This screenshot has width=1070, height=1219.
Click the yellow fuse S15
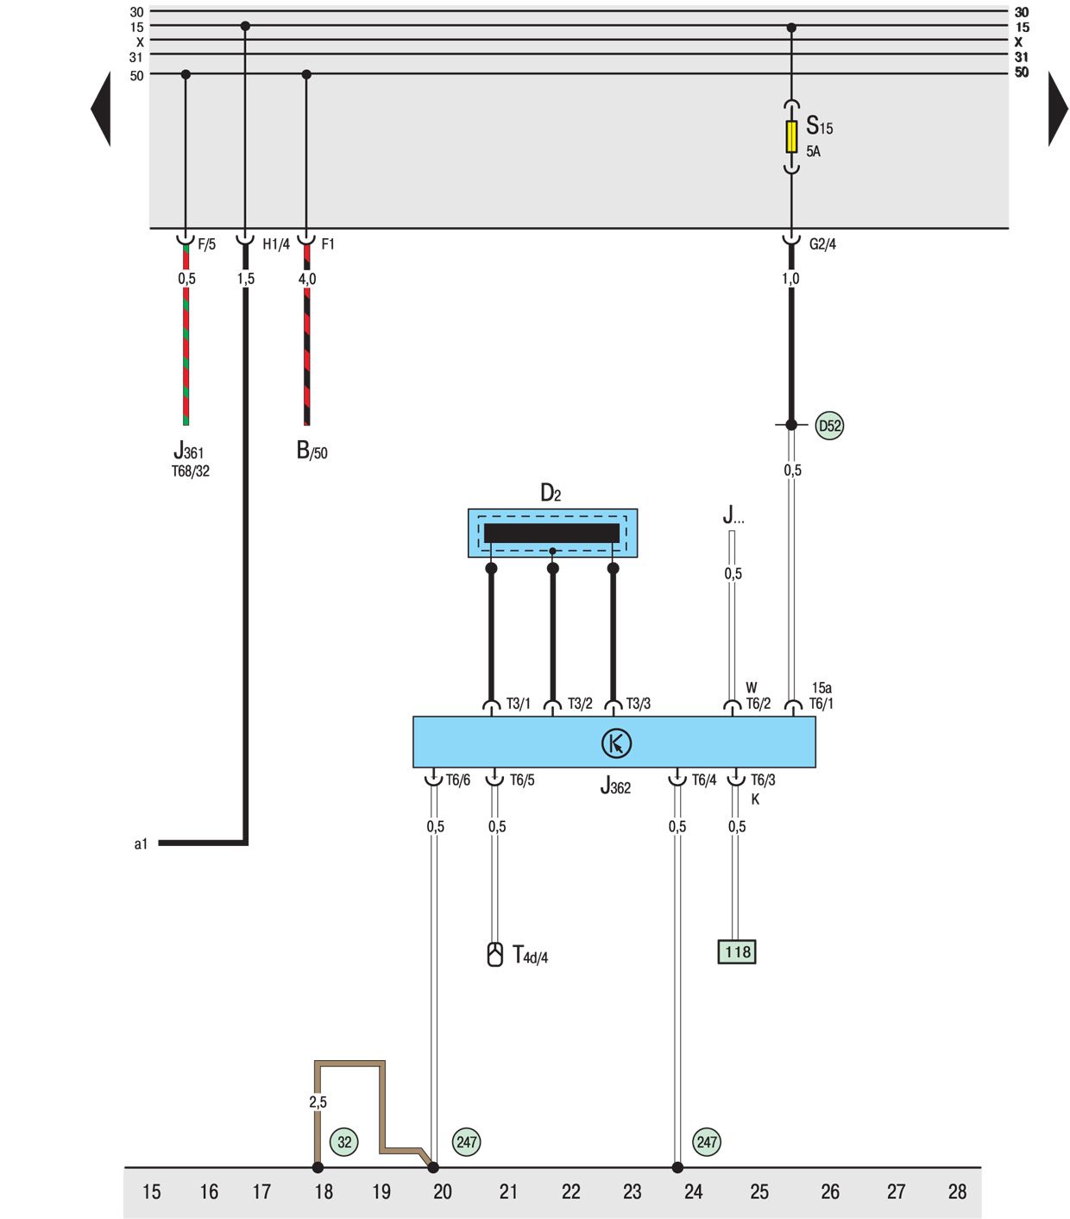pos(791,136)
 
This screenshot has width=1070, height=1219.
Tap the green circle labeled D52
pos(829,426)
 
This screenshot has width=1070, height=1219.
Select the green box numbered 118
pos(737,951)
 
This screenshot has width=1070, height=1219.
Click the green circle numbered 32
pos(344,1142)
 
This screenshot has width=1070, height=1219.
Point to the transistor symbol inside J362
pos(616,743)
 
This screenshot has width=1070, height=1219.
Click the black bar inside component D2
pos(551,533)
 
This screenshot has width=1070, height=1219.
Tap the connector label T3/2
pos(580,704)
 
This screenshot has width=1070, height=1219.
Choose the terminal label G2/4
pos(822,244)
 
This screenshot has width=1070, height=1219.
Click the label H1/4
pos(276,244)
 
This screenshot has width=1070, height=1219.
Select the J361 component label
pos(189,451)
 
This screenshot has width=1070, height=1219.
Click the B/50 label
pos(312,451)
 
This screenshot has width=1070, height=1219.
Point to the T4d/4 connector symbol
pos(494,954)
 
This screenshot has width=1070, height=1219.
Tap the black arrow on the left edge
pos(102,109)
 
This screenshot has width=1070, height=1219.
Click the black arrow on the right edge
pos(1058,109)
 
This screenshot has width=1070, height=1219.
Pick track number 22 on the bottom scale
pos(571,1192)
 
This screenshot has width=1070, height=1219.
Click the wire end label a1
pos(141,843)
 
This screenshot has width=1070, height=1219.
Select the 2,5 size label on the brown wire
pos(318,1102)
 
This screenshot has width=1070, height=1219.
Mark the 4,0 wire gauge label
pos(307,279)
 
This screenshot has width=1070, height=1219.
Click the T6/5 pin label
pos(522,780)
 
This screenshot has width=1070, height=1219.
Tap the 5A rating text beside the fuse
pos(813,151)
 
